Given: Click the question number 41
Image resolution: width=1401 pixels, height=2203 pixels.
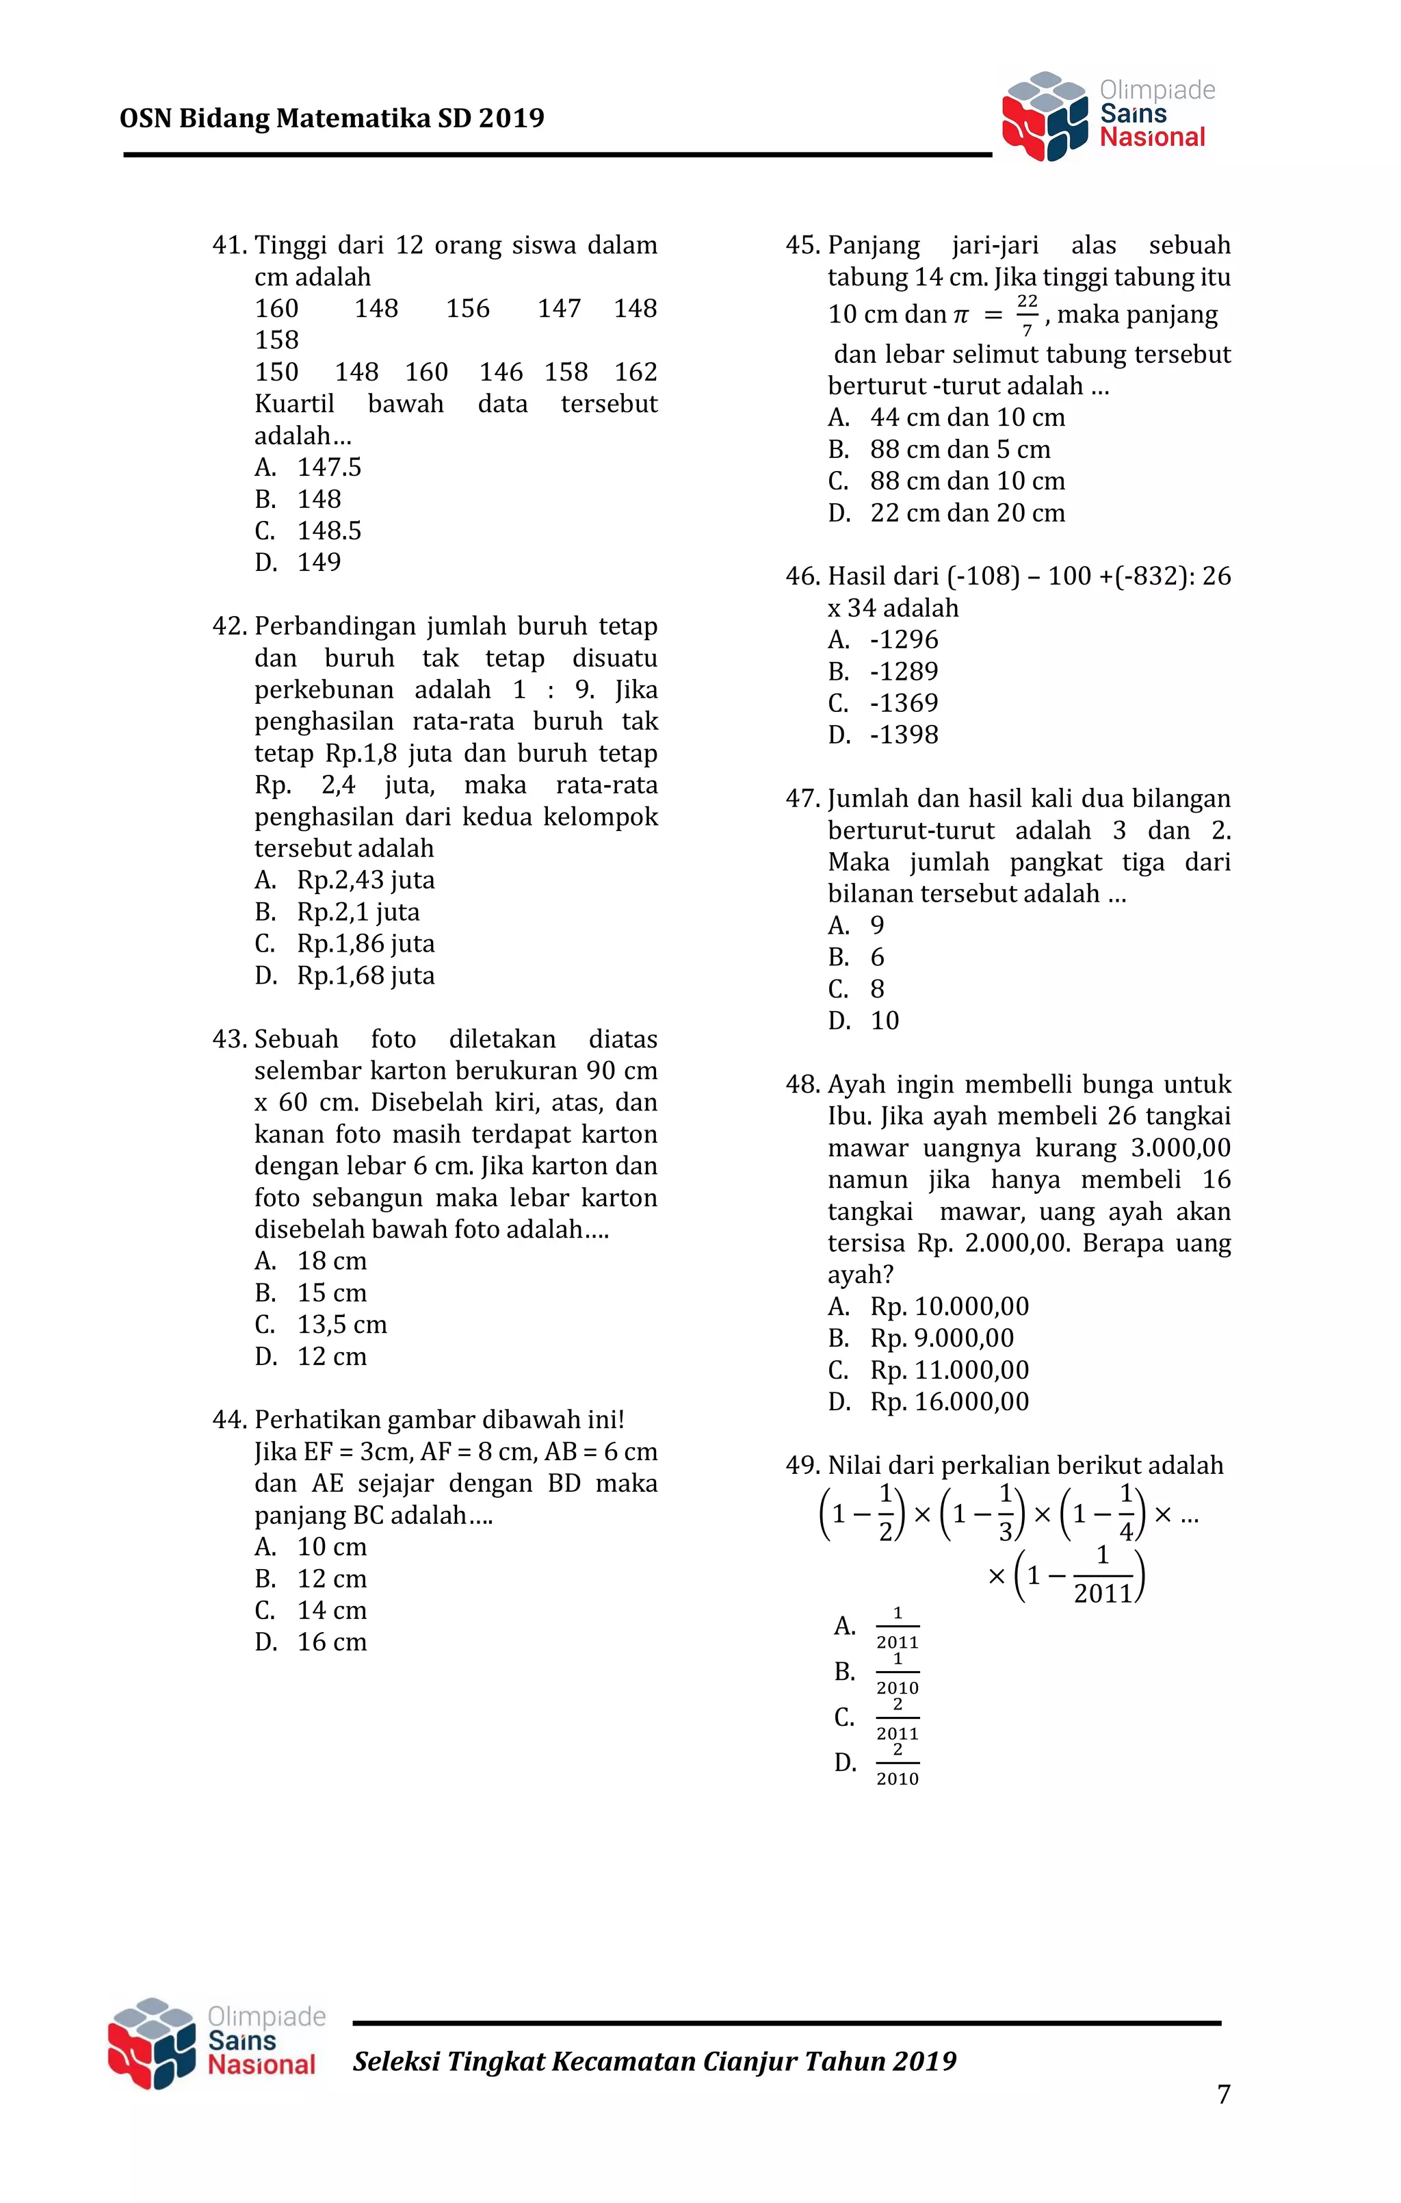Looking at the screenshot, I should click(x=228, y=245).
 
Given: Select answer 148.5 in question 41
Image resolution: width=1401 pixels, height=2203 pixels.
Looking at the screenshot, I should click(x=328, y=531).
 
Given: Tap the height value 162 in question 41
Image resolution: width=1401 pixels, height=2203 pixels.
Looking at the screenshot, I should click(x=636, y=372).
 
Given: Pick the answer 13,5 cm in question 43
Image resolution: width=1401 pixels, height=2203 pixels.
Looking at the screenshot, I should click(x=341, y=1325).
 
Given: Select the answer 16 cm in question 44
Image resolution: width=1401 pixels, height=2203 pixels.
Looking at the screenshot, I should click(x=331, y=1642).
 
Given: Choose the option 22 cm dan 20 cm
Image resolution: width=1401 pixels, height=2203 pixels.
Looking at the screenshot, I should click(x=967, y=513).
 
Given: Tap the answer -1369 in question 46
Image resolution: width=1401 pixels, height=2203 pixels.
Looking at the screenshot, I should click(x=904, y=704).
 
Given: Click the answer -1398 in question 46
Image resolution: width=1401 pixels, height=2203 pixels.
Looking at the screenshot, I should click(x=904, y=735).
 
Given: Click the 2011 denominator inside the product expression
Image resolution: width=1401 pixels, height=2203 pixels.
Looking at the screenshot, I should click(x=1103, y=1594).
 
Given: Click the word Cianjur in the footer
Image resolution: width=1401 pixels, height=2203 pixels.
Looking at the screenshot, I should click(x=749, y=2061).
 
